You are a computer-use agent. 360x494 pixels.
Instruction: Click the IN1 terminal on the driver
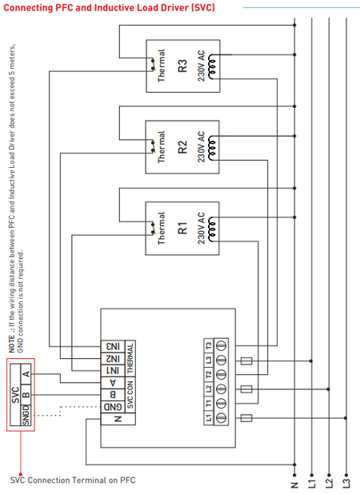point(114,371)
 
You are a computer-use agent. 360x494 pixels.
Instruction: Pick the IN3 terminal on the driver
point(114,348)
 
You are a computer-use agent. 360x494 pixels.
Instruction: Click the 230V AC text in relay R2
point(202,149)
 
